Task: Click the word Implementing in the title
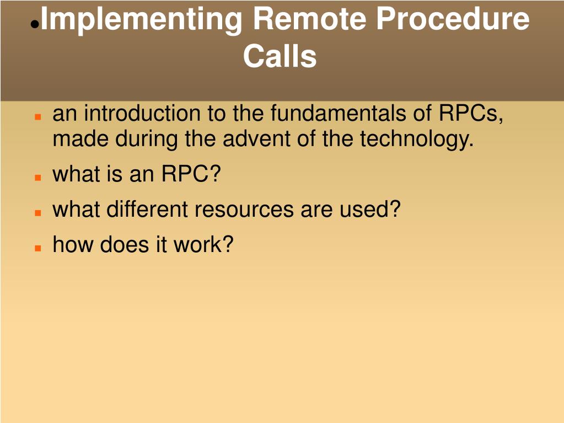click(141, 20)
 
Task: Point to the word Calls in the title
click(280, 56)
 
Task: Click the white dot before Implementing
click(34, 25)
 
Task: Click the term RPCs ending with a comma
click(471, 114)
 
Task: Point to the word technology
click(417, 140)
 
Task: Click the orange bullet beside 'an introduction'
click(38, 117)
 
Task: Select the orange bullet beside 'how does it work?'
click(38, 248)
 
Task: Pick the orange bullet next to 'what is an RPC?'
click(38, 178)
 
